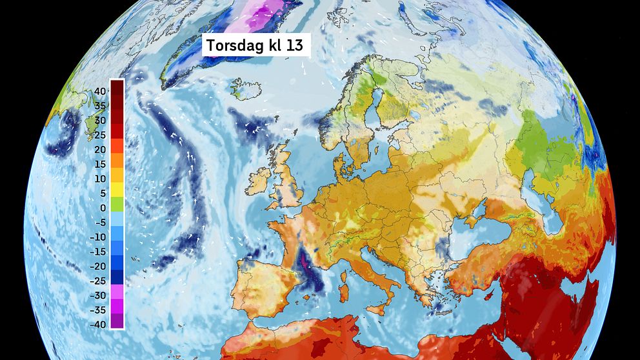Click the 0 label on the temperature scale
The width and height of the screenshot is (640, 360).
[x=103, y=208]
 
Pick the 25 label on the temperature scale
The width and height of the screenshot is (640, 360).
[x=100, y=135]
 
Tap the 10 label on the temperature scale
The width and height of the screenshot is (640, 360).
[x=100, y=179]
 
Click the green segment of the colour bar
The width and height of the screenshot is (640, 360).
[x=117, y=204]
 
